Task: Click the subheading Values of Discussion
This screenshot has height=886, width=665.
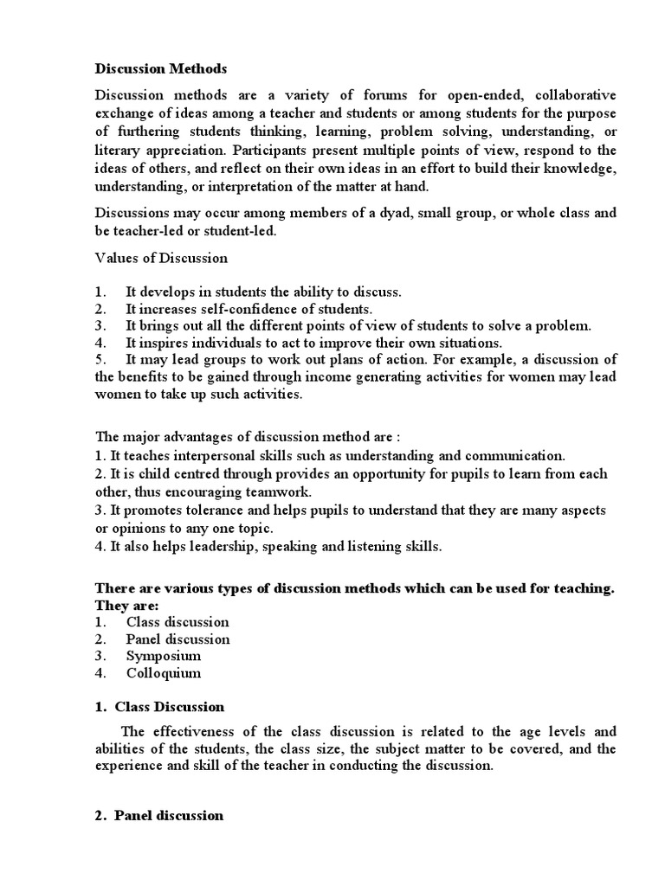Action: pyautogui.click(x=161, y=258)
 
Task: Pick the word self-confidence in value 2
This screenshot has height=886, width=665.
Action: pyautogui.click(x=235, y=308)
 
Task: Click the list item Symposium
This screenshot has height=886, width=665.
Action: pyautogui.click(x=164, y=656)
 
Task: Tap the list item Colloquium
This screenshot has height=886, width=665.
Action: pyautogui.click(x=164, y=673)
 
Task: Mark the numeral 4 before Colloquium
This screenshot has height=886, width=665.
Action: pyautogui.click(x=100, y=673)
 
